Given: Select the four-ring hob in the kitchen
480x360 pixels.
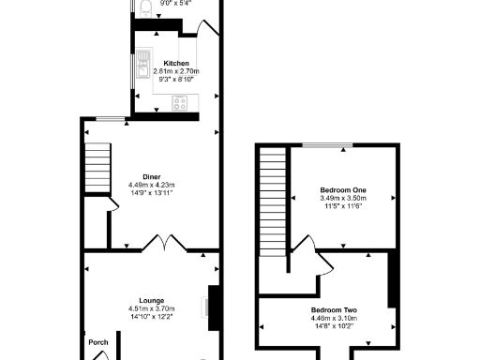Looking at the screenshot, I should point(178,102).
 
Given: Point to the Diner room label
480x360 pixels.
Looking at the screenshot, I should point(151,176).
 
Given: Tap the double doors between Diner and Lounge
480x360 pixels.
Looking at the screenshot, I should point(165,247).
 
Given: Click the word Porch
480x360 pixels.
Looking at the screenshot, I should point(98,342).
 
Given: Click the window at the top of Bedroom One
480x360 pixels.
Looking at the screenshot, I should point(327,145).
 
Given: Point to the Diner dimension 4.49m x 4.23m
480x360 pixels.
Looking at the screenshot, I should point(151,185).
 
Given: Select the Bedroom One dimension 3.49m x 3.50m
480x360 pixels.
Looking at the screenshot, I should point(342,199).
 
